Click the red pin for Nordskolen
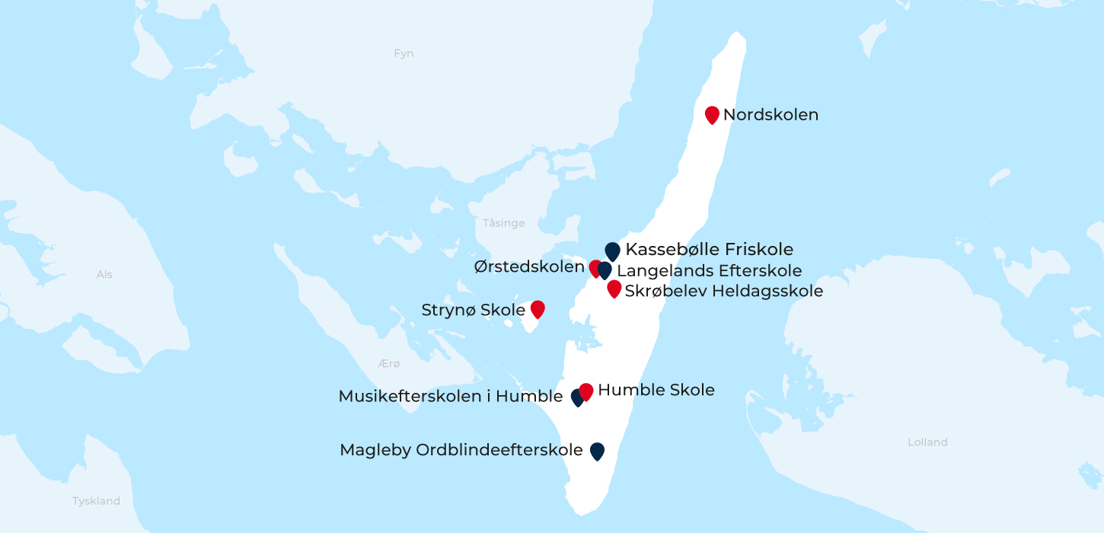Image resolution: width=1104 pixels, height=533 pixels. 712,114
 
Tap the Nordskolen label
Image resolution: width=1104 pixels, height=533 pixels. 771,115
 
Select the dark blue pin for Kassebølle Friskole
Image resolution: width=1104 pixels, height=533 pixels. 612,251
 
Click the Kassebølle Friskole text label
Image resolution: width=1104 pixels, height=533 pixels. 709,249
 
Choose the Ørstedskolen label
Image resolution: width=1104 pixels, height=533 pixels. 529,267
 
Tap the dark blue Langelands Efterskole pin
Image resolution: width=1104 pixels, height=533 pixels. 605,270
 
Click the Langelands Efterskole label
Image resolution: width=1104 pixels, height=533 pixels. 709,270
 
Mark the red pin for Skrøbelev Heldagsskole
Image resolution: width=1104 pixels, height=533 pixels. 614,289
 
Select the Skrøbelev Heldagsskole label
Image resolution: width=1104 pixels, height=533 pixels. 723,291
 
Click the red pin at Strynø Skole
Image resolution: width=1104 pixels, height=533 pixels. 538,308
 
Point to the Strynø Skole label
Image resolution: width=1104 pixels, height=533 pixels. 473,310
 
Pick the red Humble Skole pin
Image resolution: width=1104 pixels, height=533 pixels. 586,391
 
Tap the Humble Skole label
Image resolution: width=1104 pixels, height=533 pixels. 656,391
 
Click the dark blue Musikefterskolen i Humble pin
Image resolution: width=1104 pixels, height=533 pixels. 576,397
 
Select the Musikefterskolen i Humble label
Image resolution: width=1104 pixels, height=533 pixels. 451,397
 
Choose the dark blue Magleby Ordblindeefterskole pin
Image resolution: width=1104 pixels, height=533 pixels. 597,451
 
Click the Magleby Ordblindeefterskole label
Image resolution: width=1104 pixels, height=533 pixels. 461,450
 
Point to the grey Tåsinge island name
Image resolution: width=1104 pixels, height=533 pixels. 504,223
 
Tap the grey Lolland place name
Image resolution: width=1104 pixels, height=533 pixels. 927,442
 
